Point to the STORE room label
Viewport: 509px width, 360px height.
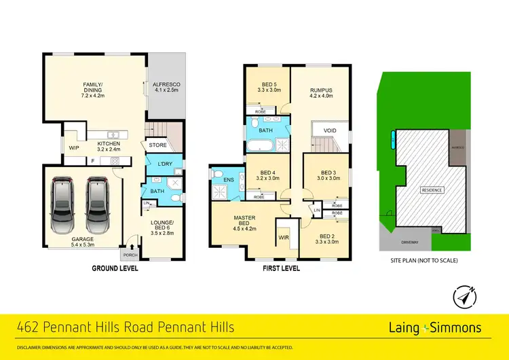pos(158,144)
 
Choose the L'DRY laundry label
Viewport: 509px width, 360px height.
pos(163,165)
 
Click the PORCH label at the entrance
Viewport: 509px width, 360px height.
pos(128,255)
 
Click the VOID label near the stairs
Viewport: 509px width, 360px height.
pos(331,130)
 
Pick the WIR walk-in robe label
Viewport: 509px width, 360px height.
pos(283,238)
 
